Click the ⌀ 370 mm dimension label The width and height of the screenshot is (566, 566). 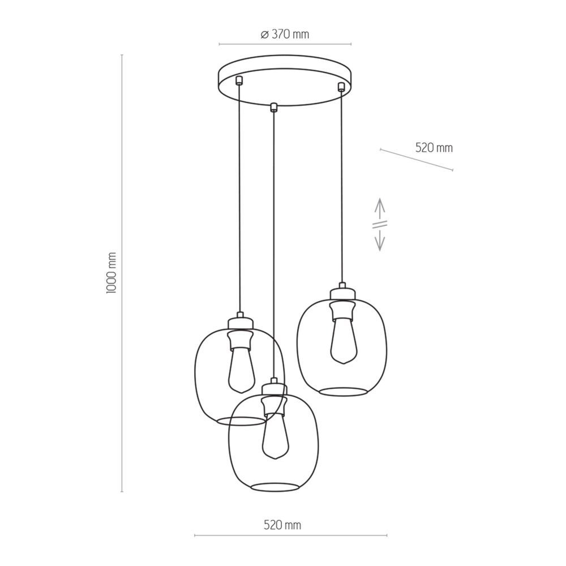pos(285,35)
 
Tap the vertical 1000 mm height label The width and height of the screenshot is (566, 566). pos(112,273)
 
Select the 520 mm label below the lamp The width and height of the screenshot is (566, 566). pos(282,525)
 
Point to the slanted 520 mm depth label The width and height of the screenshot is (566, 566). pos(434,148)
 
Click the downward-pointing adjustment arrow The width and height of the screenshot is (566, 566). pos(379,240)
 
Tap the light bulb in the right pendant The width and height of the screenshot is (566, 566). pos(344,341)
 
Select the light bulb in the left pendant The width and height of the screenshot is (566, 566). pos(242,371)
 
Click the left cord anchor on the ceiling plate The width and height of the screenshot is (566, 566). pos(238,80)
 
